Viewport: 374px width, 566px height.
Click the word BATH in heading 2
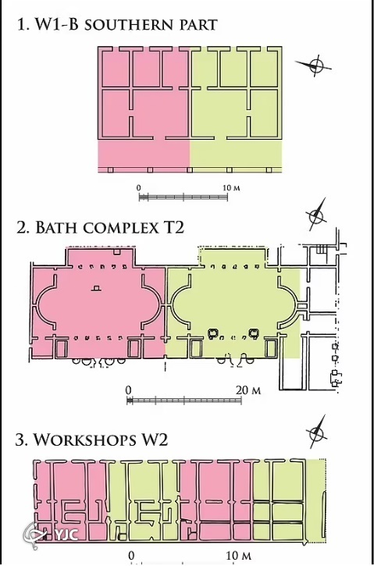pos(57,228)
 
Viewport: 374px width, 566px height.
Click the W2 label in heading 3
pos(155,440)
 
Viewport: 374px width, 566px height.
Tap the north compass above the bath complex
pos(316,215)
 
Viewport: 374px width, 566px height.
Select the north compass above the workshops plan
pos(316,432)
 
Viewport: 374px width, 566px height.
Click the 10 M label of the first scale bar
pos(231,188)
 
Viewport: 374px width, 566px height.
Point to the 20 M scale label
pos(248,390)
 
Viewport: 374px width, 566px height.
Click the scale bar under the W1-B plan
pos(183,197)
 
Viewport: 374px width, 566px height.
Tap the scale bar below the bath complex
pos(184,400)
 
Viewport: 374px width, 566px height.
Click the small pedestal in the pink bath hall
pos(96,288)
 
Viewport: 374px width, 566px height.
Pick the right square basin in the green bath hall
pos(254,333)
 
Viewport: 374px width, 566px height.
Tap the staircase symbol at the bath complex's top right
pos(322,249)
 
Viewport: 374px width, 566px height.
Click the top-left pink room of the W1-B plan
pos(115,69)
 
